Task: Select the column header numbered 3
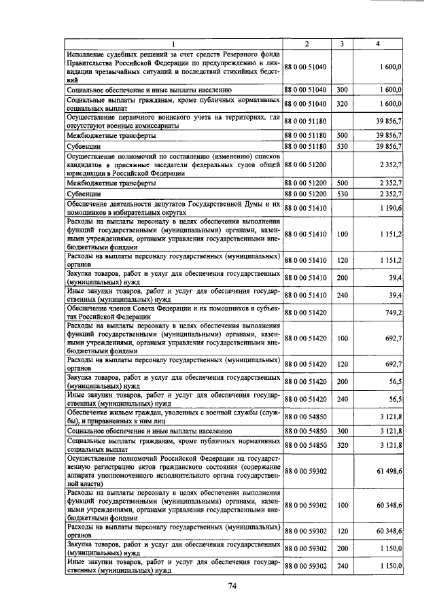point(342,44)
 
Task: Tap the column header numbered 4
point(378,44)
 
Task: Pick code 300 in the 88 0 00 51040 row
point(342,89)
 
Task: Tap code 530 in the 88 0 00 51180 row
point(342,146)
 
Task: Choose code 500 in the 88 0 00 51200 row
point(342,183)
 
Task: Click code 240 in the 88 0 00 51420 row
point(342,398)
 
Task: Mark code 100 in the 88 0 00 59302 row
point(342,505)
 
